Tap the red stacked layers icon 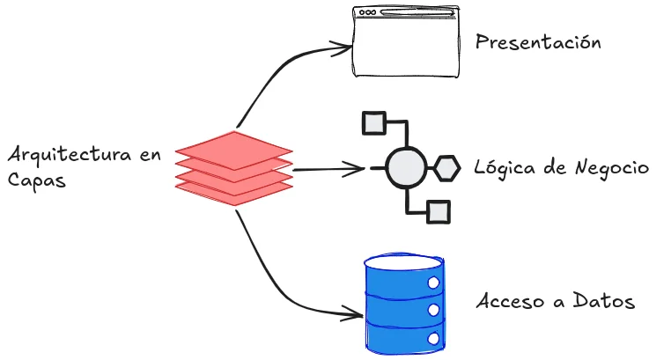coord(233,168)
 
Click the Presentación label coord(538,41)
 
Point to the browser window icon coord(406,41)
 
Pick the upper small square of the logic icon coord(373,122)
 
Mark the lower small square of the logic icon coord(439,212)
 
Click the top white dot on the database coord(433,282)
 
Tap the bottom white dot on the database coord(433,337)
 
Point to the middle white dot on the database coord(433,310)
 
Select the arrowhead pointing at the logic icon coord(357,167)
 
